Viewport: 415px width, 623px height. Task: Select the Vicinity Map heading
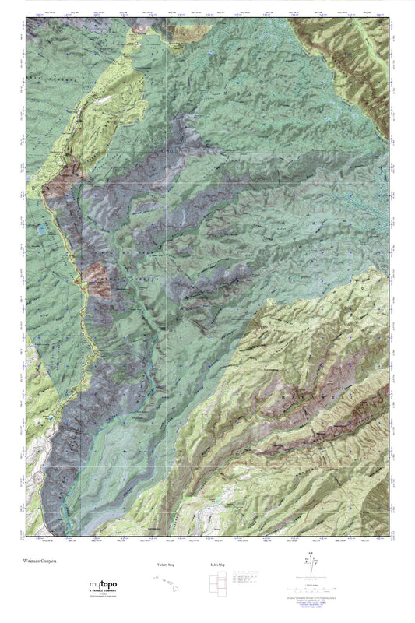158,565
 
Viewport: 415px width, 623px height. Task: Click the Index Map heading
217,565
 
